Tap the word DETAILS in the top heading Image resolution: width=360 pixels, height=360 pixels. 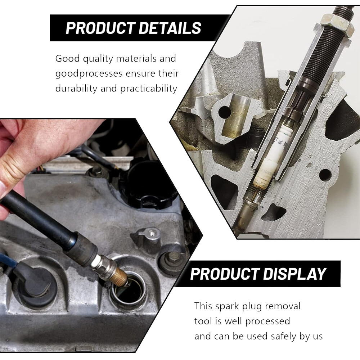(x=170, y=28)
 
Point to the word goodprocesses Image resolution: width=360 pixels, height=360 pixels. (x=89, y=74)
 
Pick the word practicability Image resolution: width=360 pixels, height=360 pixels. (x=149, y=89)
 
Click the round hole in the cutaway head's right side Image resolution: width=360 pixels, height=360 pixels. (x=325, y=175)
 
